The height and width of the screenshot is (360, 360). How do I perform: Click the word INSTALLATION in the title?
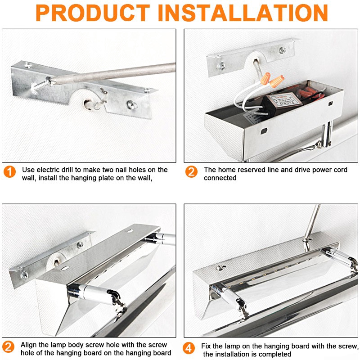pos(245,13)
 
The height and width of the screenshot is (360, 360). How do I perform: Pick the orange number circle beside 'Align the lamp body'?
pos(9,348)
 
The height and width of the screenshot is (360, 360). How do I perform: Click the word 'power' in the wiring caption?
pos(310,170)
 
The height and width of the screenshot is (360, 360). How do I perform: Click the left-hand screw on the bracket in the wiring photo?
pos(221,66)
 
